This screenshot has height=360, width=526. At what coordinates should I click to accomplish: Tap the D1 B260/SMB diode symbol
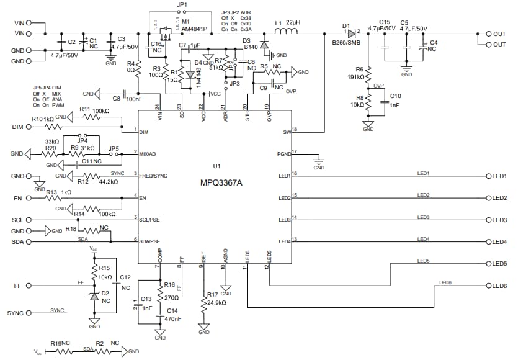tap(352, 34)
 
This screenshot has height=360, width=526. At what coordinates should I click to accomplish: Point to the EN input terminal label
tap(17, 199)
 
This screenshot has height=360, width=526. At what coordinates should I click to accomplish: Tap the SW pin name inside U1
tap(286, 132)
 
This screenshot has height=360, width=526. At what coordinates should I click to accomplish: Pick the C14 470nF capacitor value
tap(173, 318)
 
